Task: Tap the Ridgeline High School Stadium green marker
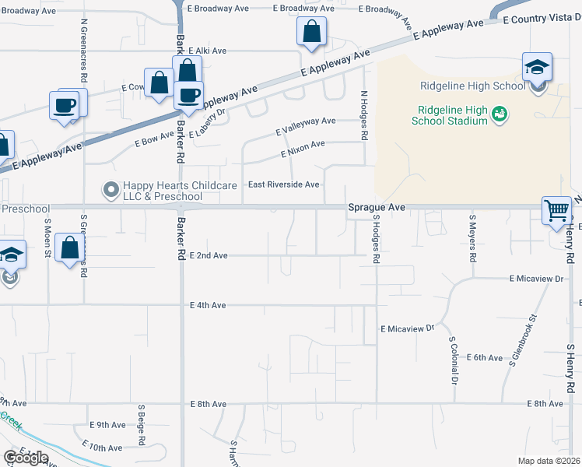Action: coord(500,114)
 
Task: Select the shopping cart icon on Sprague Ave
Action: coord(556,210)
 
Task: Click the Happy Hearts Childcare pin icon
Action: coord(110,189)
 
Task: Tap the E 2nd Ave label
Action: coord(209,255)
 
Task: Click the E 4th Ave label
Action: coord(208,305)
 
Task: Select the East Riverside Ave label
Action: coord(283,184)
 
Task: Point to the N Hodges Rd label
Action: coord(363,115)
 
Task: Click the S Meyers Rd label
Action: coord(472,237)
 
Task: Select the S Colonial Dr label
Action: coord(452,360)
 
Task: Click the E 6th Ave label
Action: coord(486,357)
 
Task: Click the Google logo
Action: coord(26,458)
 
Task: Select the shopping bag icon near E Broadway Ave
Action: coord(311,33)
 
